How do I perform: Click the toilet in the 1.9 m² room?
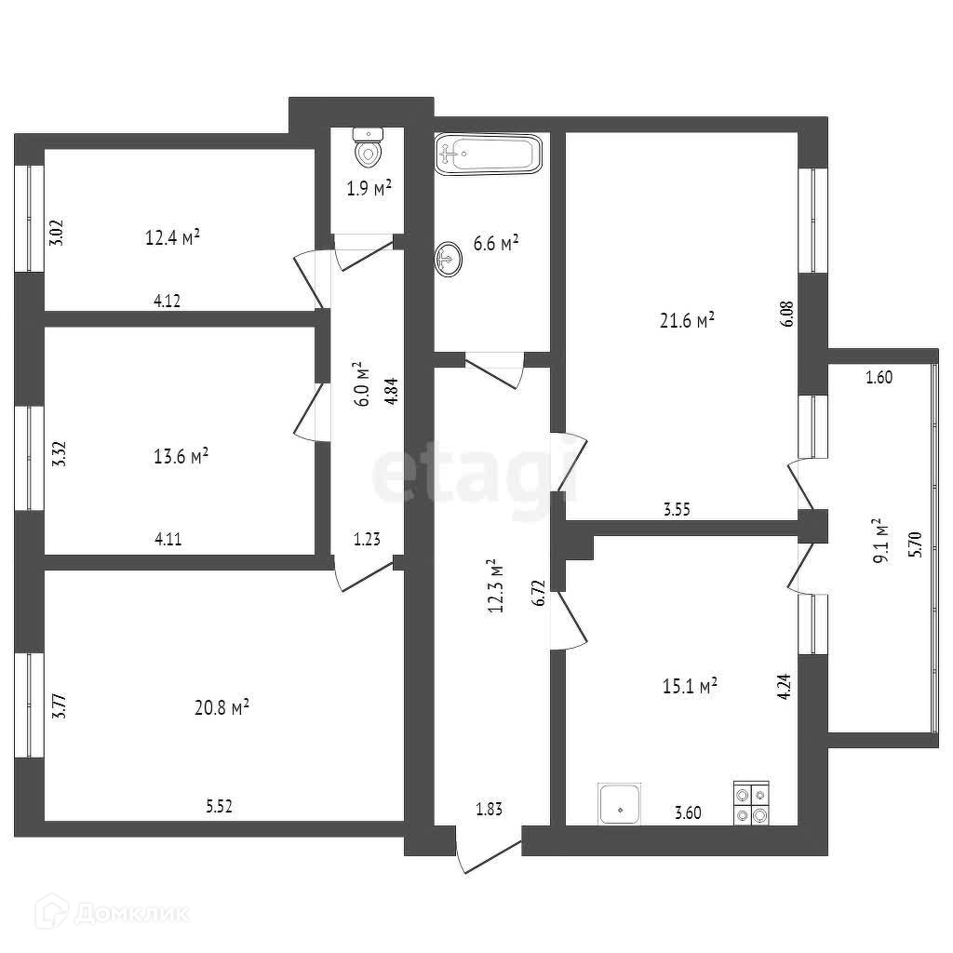coord(369,146)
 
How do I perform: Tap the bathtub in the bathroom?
coord(488,154)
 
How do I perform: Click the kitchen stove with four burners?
coord(752,802)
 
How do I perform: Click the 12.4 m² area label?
coord(174,237)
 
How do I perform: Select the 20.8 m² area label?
coord(221,708)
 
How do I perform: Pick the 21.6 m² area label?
coord(687,320)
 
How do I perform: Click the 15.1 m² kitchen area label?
coord(688,686)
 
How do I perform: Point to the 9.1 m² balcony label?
coord(882,541)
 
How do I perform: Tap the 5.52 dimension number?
coord(219,806)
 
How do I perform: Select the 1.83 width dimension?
coord(490,810)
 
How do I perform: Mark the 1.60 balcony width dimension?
coord(879,377)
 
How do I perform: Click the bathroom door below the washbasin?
coord(496,369)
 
